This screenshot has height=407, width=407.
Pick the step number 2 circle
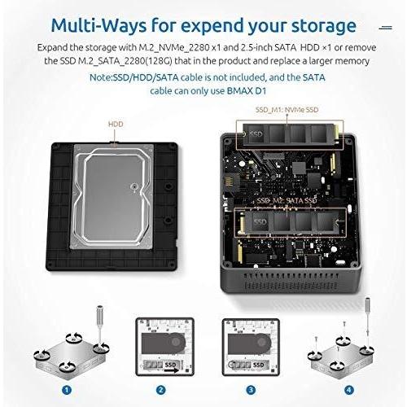click(x=161, y=389)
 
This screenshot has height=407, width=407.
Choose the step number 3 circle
click(x=250, y=389)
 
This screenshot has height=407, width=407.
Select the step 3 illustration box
click(x=250, y=345)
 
